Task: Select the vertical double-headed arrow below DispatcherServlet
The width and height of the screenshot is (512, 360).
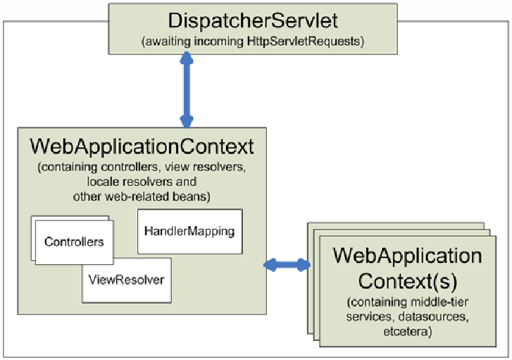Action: [x=187, y=90]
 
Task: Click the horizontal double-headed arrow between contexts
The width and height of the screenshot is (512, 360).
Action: [x=287, y=265]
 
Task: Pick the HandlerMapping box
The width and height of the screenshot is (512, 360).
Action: [x=189, y=231]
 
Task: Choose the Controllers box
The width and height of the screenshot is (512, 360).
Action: [x=74, y=242]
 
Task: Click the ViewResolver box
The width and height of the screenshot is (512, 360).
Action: [x=127, y=280]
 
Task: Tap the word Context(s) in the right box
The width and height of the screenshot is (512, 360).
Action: [x=408, y=281]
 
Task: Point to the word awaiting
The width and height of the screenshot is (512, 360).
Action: [x=168, y=42]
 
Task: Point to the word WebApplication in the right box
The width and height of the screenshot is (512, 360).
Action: [x=408, y=256]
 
